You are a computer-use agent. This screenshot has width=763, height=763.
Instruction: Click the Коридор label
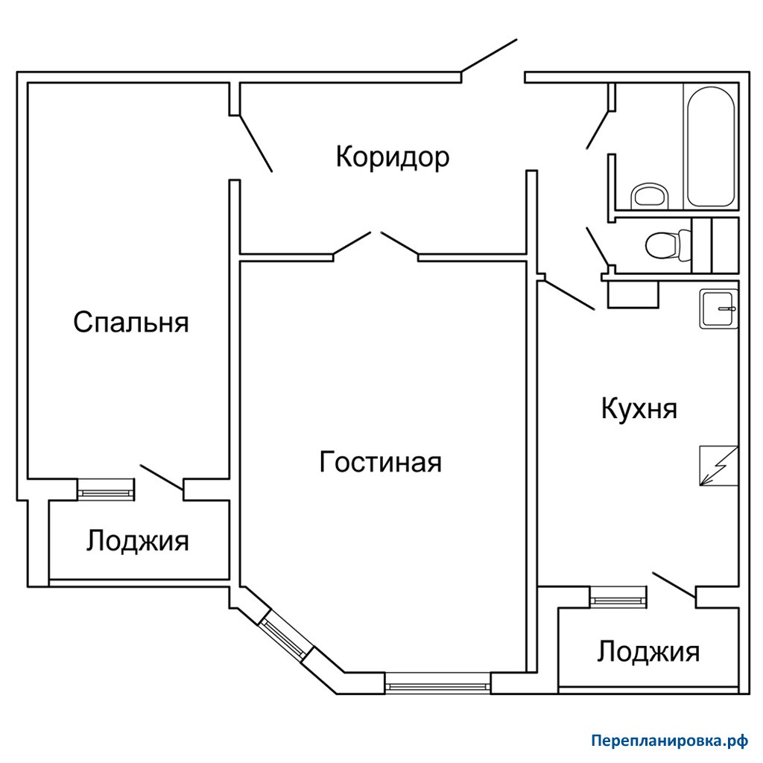(392, 158)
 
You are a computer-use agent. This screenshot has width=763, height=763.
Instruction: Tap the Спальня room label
(131, 322)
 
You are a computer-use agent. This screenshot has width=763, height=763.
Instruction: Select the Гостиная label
(380, 462)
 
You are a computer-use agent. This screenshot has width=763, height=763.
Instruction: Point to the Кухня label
(639, 408)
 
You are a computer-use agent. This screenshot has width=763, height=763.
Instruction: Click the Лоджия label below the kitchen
(648, 652)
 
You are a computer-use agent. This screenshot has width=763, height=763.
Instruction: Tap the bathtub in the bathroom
(710, 147)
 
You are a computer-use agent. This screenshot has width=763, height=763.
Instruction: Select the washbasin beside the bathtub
(650, 197)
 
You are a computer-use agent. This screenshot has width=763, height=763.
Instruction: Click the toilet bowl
(667, 244)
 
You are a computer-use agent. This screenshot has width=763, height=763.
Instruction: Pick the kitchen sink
(719, 309)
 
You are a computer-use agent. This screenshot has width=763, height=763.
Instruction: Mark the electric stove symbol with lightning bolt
(719, 466)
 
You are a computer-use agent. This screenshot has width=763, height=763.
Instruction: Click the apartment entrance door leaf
(489, 55)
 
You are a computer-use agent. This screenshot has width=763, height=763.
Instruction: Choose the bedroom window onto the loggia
(106, 490)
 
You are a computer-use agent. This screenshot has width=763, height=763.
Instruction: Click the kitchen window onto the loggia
(619, 598)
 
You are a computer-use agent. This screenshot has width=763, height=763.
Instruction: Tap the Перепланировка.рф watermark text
(670, 741)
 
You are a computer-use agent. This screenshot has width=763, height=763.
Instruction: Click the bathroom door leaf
(598, 130)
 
